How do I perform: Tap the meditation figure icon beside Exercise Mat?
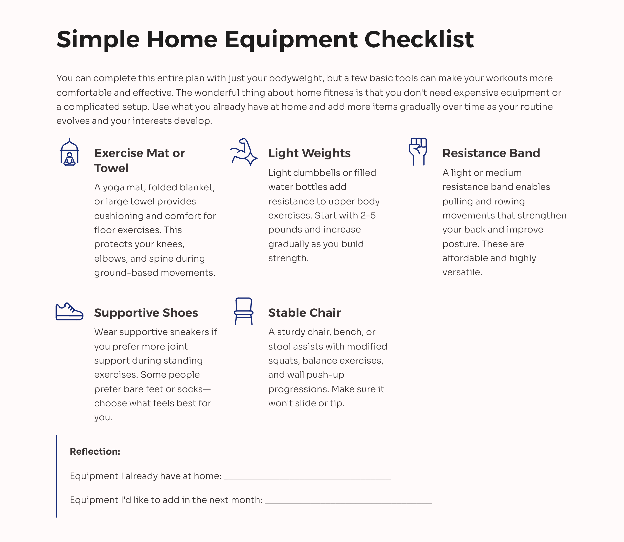[x=69, y=152]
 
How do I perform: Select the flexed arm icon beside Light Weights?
[x=243, y=152]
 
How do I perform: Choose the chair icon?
[x=243, y=311]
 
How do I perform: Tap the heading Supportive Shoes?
[x=146, y=312]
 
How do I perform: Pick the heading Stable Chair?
[x=304, y=312]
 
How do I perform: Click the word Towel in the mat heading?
[x=111, y=168]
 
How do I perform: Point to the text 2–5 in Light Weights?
[x=368, y=215]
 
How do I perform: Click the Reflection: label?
[x=95, y=451]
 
